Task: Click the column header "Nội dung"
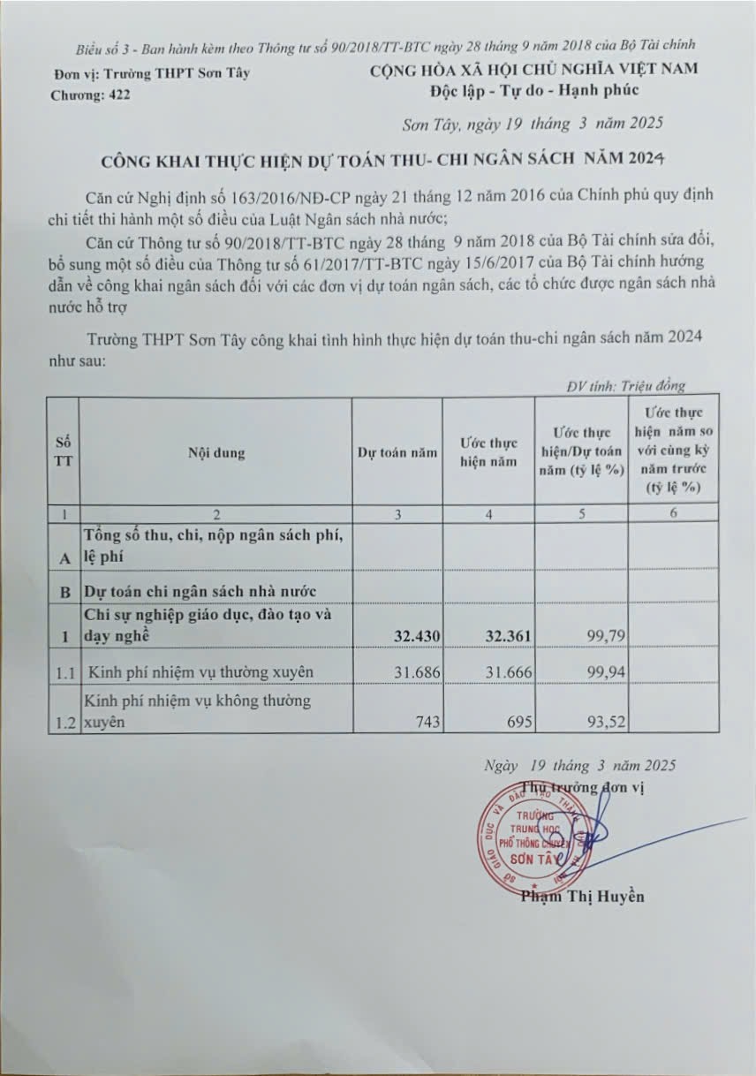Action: click(216, 452)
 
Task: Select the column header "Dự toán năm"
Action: click(397, 452)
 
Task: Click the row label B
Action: click(64, 590)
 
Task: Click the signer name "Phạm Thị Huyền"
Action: click(582, 897)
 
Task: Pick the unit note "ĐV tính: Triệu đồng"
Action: click(626, 386)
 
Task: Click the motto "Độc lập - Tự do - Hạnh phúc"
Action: click(534, 90)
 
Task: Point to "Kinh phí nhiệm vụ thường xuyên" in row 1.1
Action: click(200, 673)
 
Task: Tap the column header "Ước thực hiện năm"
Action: click(488, 452)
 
